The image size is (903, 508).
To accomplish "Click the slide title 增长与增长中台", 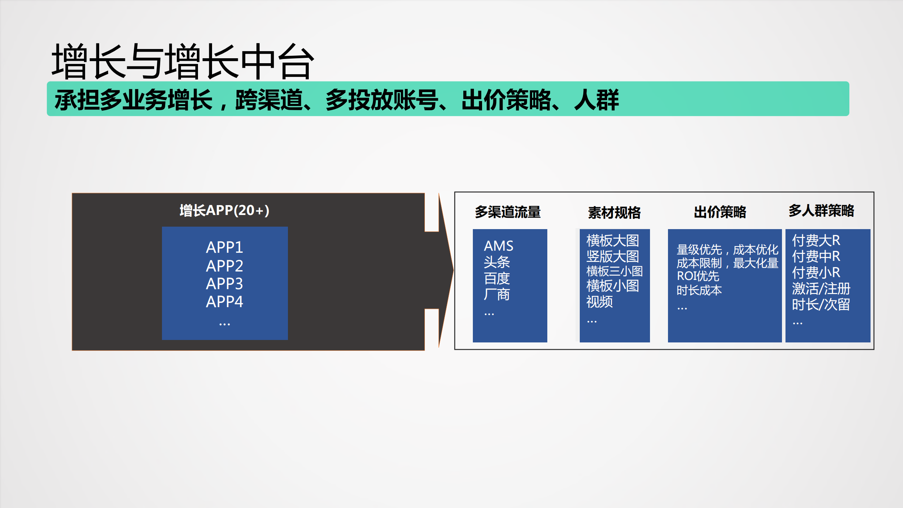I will click(182, 61).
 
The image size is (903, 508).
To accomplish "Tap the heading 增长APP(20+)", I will click(224, 210).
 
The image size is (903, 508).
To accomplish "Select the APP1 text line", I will click(224, 247).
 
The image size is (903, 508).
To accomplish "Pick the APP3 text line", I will click(224, 283).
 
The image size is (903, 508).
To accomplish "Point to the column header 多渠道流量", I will click(507, 212).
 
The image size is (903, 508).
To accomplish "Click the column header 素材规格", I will click(614, 213).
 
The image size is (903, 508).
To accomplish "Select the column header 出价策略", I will click(720, 212).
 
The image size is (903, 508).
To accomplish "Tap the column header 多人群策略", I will click(821, 210).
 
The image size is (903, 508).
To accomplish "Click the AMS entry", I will click(498, 246).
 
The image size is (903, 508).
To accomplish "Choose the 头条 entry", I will click(497, 262).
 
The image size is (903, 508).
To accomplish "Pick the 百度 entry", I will click(497, 278).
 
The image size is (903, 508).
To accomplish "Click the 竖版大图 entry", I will click(613, 256).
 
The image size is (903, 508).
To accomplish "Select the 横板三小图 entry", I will click(614, 271).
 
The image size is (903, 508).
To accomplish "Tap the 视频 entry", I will click(600, 301).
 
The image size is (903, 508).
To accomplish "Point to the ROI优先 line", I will click(698, 276).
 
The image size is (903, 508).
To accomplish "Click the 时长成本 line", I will click(699, 290).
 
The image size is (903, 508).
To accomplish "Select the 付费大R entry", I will click(816, 240).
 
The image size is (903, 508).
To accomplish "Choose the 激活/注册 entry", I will click(821, 288).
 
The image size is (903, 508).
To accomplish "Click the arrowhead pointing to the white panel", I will click(446, 270).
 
